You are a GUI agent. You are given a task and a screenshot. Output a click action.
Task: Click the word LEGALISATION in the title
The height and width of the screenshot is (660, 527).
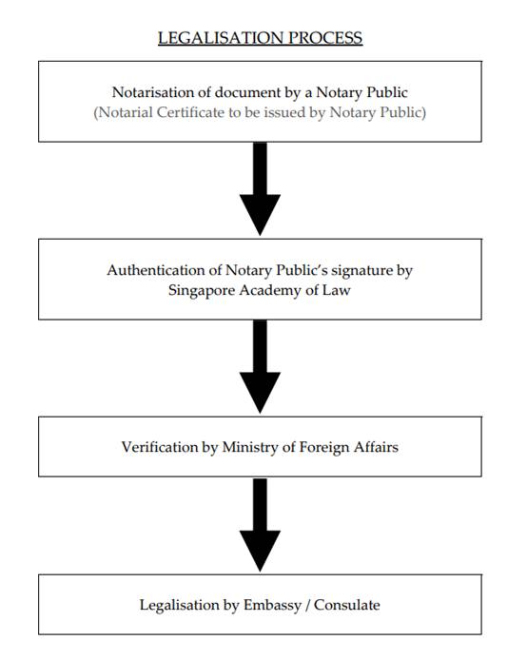coord(221,38)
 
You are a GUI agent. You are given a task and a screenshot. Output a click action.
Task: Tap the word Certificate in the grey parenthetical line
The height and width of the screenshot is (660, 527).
coord(190,112)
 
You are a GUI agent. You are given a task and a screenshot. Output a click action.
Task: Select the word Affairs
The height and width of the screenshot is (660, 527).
coord(376,447)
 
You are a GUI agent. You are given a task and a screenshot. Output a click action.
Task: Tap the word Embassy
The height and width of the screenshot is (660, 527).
coord(272,606)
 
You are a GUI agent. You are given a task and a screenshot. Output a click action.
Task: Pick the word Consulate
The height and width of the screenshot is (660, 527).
coord(347,605)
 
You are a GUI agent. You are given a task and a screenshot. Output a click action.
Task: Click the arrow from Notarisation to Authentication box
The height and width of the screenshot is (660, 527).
coord(260,189)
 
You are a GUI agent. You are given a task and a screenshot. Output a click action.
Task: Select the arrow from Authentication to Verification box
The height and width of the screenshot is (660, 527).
coord(260,367)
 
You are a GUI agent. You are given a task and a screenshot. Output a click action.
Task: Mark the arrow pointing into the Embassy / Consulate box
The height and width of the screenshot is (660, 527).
coord(260,524)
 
